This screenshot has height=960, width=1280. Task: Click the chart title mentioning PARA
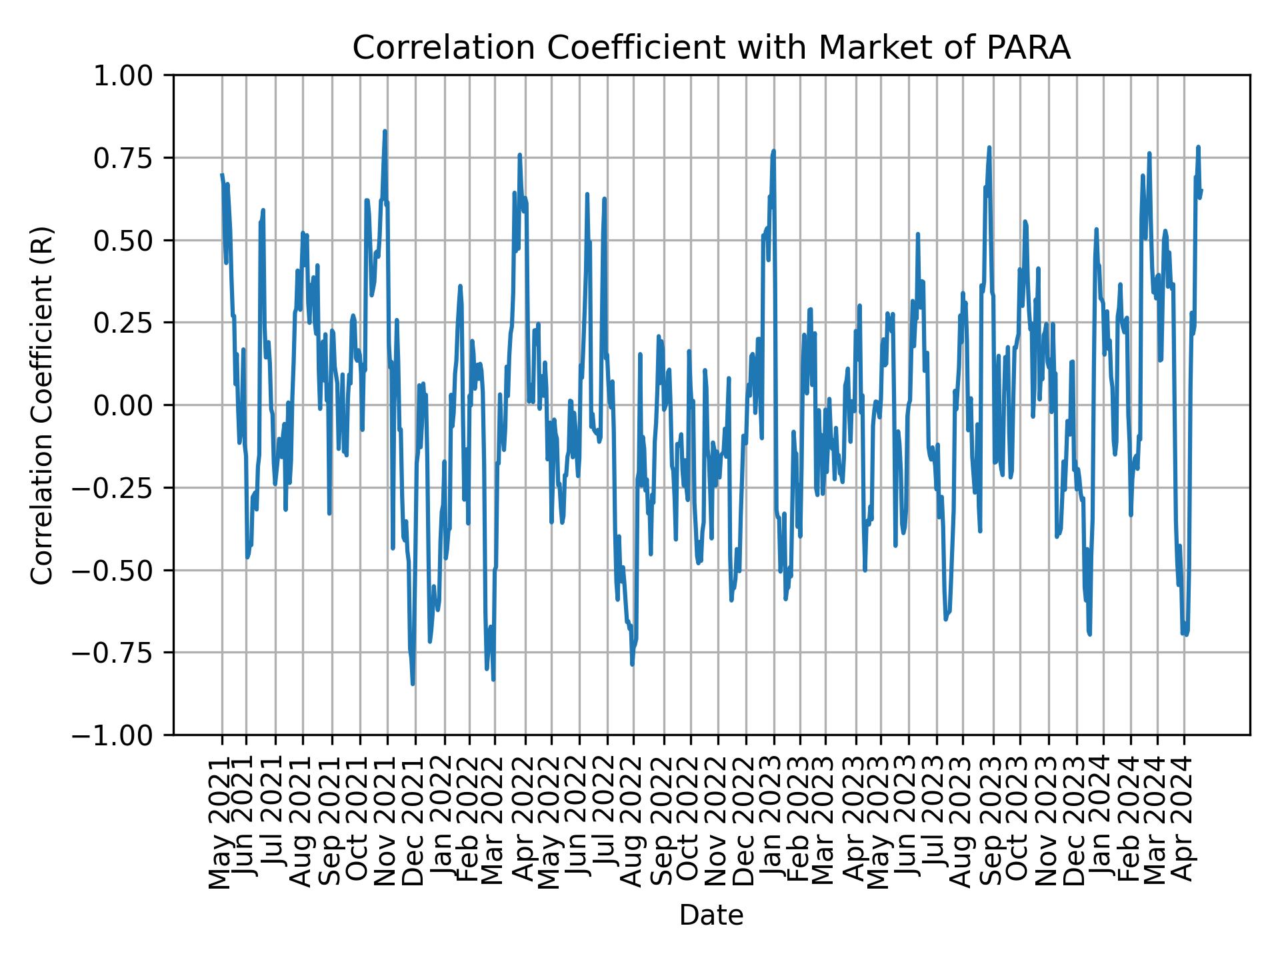tap(711, 48)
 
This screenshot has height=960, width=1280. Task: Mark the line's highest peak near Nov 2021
tap(385, 131)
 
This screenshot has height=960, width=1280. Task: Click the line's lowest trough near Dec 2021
tap(413, 683)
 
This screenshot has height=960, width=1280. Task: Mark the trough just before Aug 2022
tap(632, 664)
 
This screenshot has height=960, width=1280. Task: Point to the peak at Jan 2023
tap(773, 151)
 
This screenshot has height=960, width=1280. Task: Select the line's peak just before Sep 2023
tap(989, 147)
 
